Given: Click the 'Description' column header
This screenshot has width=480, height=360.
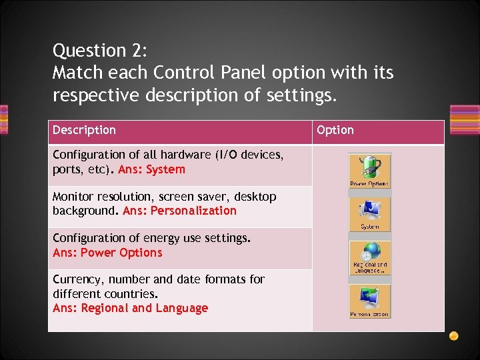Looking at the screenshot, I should pos(84,130).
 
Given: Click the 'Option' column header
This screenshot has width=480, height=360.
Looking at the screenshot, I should pos(335,130).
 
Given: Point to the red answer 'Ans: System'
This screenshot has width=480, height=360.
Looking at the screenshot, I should pos(151,169).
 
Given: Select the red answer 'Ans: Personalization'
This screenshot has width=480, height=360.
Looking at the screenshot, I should pos(179,211).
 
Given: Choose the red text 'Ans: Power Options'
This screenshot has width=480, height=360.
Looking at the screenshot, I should pos(107,253).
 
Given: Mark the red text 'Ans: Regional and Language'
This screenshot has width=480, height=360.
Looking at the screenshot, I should pos(130,308).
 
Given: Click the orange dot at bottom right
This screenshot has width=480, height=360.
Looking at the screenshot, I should pos(453,335).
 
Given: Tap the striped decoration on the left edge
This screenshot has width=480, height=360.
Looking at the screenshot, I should pos(4,120).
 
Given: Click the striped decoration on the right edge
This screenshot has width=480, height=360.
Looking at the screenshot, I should pos(465,120).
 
